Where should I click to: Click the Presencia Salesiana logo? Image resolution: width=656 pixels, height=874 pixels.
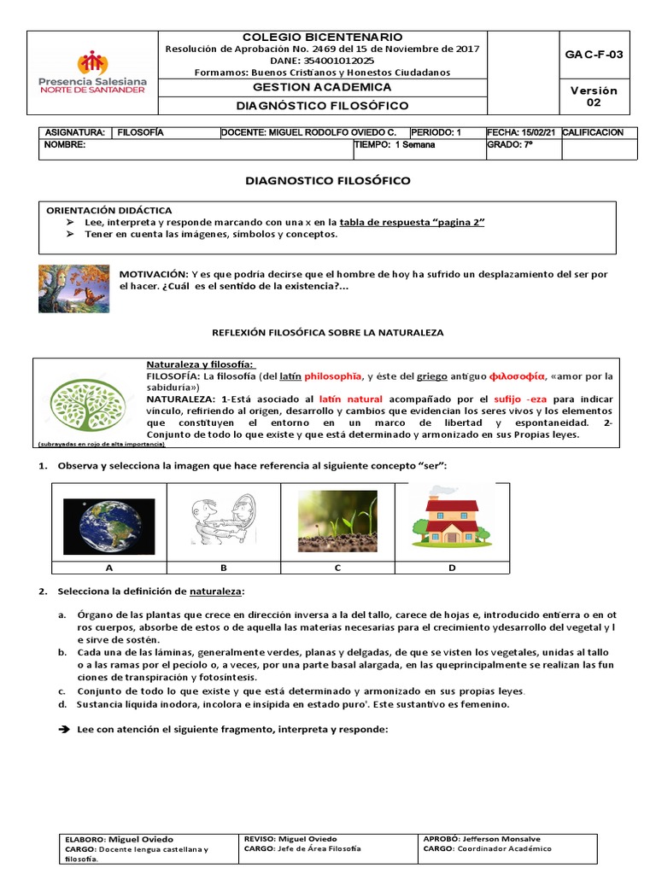pos(93,72)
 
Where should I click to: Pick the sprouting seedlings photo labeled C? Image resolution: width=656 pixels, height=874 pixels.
pos(337,521)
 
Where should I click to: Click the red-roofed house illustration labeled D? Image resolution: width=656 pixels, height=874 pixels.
pos(452,518)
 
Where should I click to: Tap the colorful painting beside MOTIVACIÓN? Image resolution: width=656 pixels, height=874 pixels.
pos(73,288)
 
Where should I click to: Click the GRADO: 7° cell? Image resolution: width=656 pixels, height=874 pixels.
pos(510,145)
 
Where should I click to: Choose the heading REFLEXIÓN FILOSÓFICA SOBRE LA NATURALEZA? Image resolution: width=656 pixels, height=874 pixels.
pos(327,331)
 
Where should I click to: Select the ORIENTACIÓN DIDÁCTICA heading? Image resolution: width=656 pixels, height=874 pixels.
pos(108,210)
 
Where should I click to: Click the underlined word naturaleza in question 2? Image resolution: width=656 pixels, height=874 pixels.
pos(217,591)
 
